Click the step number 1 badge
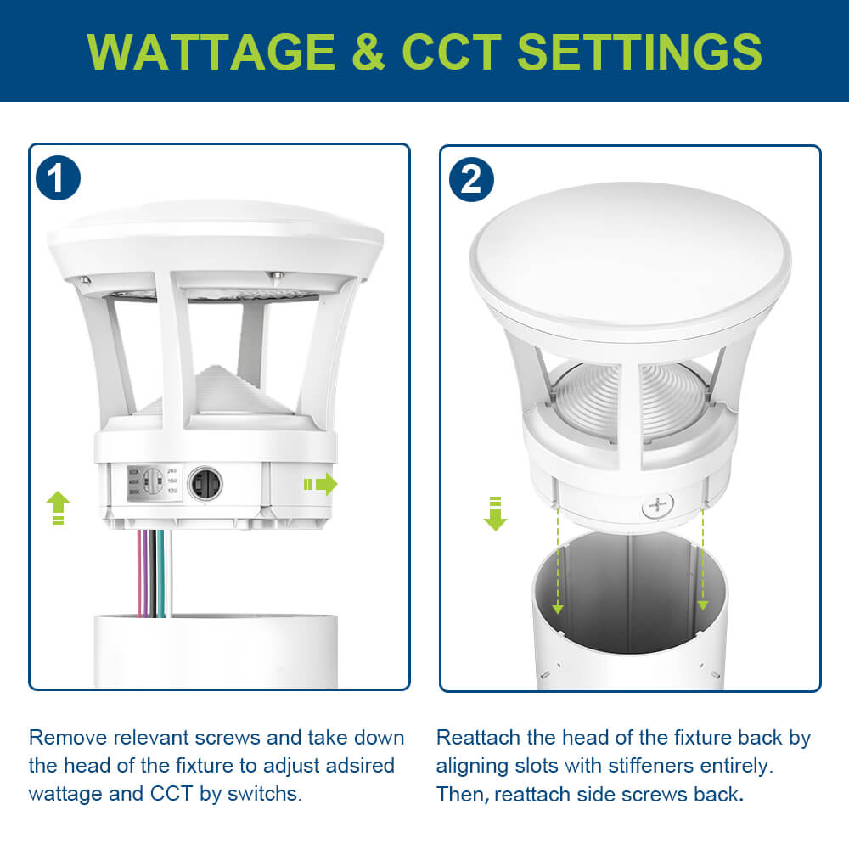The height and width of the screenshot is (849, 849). (58, 179)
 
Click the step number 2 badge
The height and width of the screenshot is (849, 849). (471, 179)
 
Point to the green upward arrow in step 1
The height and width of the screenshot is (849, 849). (57, 507)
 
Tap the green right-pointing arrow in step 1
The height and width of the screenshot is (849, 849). (320, 485)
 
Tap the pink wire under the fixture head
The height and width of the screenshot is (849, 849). (139, 573)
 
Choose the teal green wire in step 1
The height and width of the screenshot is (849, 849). (160, 573)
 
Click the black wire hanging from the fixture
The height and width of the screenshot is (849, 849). (153, 573)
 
